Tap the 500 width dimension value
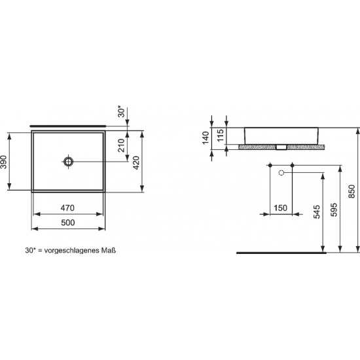click(69, 223)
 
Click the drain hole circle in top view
click(69, 160)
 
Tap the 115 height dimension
click(221, 135)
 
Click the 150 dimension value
click(280, 208)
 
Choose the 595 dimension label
click(333, 209)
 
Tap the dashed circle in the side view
click(281, 173)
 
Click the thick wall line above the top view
click(69, 123)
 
